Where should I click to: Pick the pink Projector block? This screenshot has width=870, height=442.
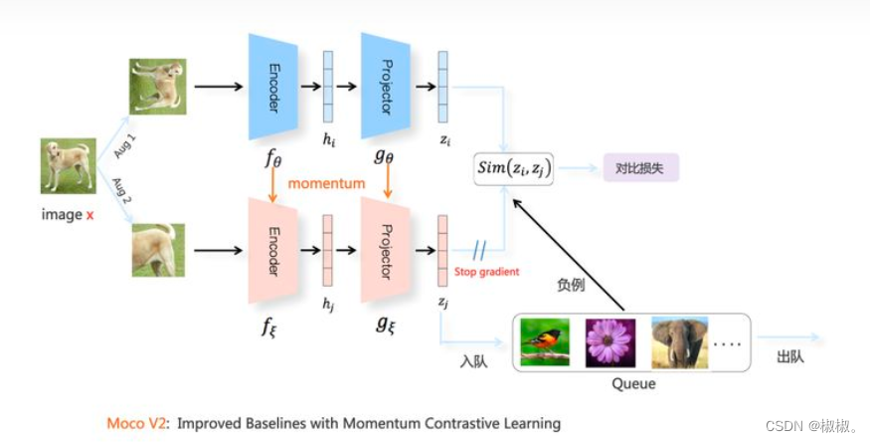coord(387,251)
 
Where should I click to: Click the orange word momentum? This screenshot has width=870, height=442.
coord(328,184)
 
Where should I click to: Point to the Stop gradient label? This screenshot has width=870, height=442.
coord(486,271)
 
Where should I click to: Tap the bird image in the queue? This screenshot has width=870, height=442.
coord(544,343)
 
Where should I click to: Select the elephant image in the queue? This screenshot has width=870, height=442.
coord(679,343)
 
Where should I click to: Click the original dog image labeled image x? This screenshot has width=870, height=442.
coord(69,166)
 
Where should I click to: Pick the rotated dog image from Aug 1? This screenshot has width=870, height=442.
coord(157,86)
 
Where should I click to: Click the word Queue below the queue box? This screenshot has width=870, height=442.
coord(633,383)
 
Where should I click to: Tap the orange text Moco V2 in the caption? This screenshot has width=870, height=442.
coord(136,423)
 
